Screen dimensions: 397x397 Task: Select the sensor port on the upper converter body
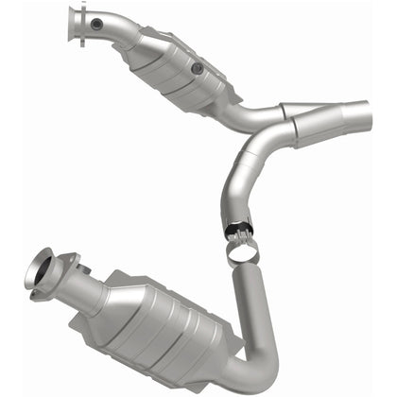point(196,69)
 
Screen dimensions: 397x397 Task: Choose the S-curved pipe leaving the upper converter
point(248,118)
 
